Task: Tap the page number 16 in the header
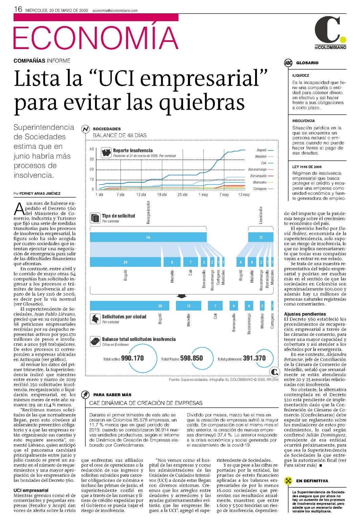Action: coord(18,9)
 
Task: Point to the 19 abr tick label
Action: coord(162,195)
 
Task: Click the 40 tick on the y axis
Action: coord(92,149)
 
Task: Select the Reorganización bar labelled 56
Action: coord(148,237)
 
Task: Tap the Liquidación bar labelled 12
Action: coord(261,237)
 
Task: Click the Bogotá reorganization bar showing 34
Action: coord(125,262)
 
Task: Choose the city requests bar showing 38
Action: coord(130,306)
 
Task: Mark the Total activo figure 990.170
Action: coord(132,358)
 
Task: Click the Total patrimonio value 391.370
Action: coord(254,358)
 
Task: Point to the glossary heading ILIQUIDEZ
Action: coord(300,75)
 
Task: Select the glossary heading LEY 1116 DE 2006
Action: coord(307,167)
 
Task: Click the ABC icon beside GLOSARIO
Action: coord(288,63)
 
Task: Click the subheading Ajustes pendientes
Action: coord(305,314)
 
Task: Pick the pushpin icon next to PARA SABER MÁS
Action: coord(85,395)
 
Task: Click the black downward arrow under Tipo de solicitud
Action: coord(181,297)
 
